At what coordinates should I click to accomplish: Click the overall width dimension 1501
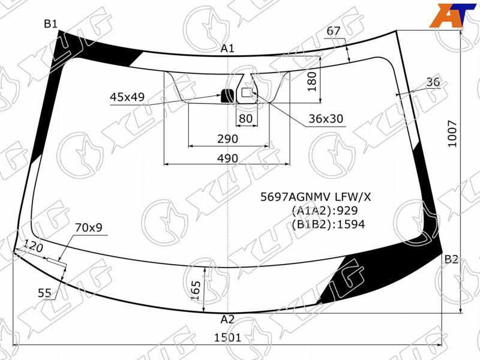click(x=227, y=338)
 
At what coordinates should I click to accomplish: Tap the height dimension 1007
click(x=452, y=134)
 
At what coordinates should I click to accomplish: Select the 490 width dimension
click(x=227, y=158)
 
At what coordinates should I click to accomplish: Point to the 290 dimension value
click(x=227, y=139)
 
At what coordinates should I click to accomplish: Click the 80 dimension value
click(x=245, y=118)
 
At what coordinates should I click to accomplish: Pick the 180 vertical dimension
click(x=312, y=82)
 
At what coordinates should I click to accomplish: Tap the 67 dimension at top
click(x=334, y=31)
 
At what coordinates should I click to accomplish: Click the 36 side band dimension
click(x=433, y=82)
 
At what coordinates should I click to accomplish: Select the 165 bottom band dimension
click(x=196, y=290)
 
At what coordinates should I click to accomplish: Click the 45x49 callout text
click(x=127, y=97)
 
